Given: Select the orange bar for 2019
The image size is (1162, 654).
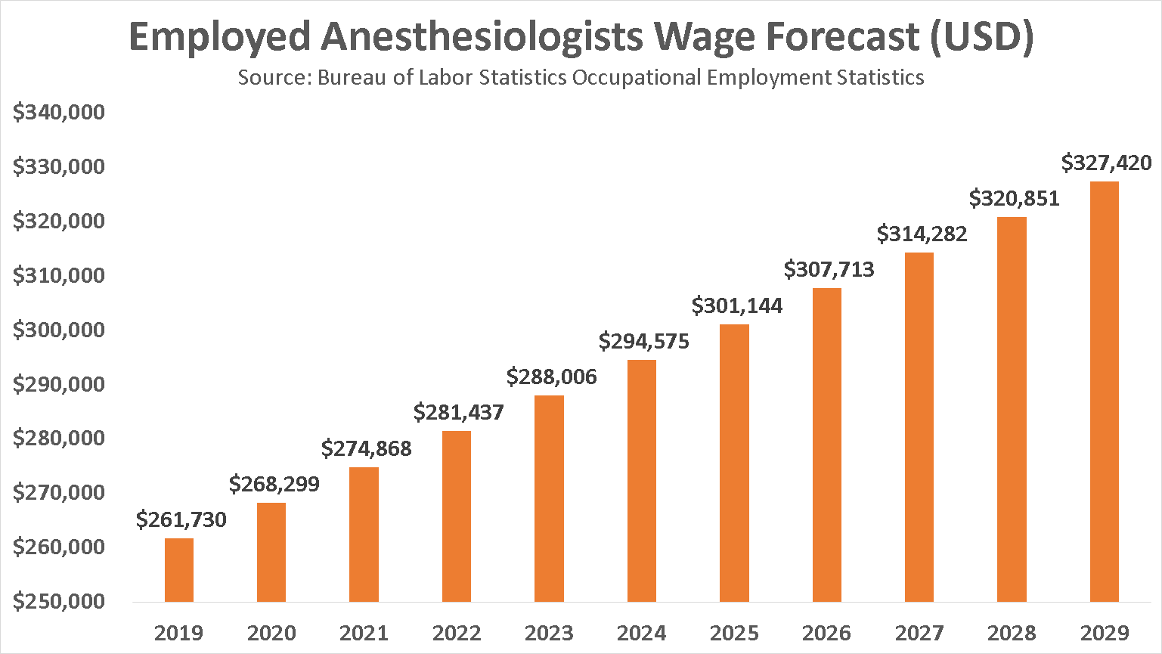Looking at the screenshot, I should coord(179,570).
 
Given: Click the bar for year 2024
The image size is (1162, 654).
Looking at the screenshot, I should coord(642,481).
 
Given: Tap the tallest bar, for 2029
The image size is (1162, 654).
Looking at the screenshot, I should coord(1105,392).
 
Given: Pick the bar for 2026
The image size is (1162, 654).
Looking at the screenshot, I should coord(827,445).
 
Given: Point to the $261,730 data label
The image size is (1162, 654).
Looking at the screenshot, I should coord(181,520).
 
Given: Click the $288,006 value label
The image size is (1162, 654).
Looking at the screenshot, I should coord(552,377).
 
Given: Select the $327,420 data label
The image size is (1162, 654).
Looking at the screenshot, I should coord(1106,163).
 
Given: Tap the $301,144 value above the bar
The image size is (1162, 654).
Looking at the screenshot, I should coord(737,306).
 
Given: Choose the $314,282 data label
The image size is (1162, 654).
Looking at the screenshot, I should coord(922,234).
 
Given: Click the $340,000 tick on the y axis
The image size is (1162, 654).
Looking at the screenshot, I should coord(59,113).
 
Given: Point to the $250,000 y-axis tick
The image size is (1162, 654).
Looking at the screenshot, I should coord(59,602).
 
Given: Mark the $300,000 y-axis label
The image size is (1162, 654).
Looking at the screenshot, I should coord(59,330).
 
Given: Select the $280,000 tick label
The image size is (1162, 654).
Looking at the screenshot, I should coord(59,439).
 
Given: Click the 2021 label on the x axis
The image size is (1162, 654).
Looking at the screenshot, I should coord(364,633).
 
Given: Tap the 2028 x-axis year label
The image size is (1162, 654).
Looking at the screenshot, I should coord(1012,633).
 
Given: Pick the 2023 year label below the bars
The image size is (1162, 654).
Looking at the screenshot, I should coord(549,633).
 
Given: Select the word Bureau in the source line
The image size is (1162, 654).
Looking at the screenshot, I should coord(352,78).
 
